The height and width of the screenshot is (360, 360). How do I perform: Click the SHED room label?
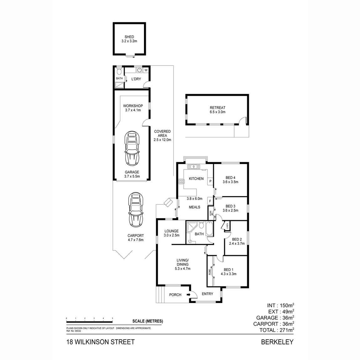click(129, 37)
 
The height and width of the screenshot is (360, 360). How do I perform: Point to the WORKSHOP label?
click(133, 106)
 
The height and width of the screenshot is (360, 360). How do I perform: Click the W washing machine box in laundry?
click(146, 70)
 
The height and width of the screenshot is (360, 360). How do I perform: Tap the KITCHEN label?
click(196, 179)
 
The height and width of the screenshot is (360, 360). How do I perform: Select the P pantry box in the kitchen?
click(210, 181)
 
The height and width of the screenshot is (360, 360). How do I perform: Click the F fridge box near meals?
click(210, 201)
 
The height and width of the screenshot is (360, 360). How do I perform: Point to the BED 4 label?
click(230, 178)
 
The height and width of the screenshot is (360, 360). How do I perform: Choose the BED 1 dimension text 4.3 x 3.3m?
click(228, 274)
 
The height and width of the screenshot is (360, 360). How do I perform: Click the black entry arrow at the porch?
click(188, 295)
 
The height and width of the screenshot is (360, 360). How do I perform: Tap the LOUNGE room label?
click(171, 231)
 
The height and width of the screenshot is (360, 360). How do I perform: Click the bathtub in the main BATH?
click(209, 229)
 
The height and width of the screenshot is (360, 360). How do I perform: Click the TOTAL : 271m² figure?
click(276, 330)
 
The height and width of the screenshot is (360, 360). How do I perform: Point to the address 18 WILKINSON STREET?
click(100, 342)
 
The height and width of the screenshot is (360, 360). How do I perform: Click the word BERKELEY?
click(277, 342)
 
